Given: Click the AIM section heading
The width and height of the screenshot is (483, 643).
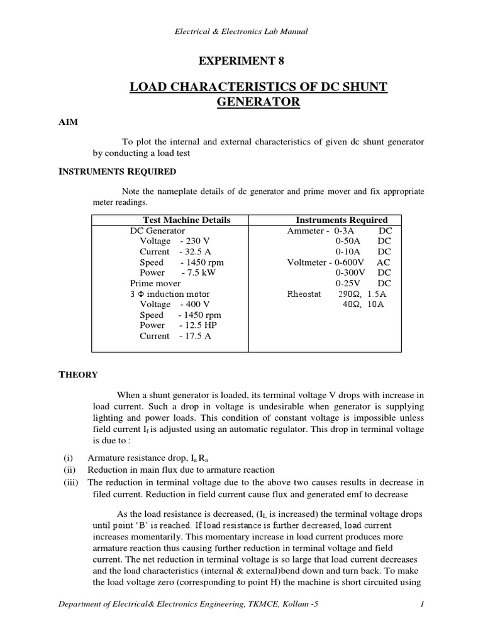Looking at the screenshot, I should pyautogui.click(x=67, y=122).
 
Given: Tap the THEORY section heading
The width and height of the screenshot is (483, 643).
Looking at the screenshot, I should pyautogui.click(x=78, y=375).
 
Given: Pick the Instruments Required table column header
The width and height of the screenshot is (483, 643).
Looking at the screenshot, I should pyautogui.click(x=341, y=220).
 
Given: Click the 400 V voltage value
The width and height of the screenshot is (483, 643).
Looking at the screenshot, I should pyautogui.click(x=193, y=304).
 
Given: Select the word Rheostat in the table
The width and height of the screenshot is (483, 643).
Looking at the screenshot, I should pyautogui.click(x=304, y=294).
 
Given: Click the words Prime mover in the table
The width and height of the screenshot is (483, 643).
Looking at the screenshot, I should pyautogui.click(x=155, y=283).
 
